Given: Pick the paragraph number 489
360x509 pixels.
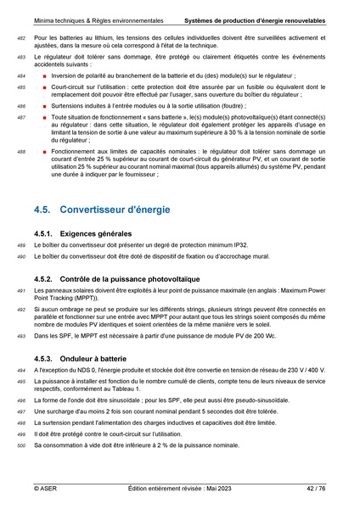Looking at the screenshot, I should coord(21,245).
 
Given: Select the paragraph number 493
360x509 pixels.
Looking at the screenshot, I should coord(21,337).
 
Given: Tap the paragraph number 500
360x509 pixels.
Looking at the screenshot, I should coord(21,445).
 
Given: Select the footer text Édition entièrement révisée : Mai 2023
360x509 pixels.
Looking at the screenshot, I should coord(179,489).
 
